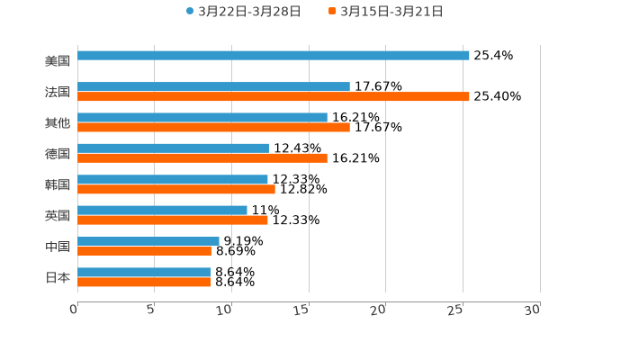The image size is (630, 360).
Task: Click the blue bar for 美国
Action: click(x=274, y=56)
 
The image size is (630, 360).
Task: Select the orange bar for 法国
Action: click(x=274, y=96)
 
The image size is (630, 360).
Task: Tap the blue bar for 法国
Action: click(x=213, y=86)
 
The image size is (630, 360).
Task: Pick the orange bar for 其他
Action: click(x=213, y=127)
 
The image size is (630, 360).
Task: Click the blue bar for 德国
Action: click(x=173, y=148)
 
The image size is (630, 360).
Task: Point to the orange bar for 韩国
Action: click(x=176, y=189)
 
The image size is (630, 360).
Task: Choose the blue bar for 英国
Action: click(x=162, y=210)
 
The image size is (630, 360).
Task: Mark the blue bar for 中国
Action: click(x=148, y=241)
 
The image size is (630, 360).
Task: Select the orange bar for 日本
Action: click(x=144, y=282)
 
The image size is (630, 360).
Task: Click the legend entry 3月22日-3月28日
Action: click(x=243, y=12)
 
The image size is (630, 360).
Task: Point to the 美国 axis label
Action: click(x=58, y=61)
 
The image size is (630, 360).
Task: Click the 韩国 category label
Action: click(x=58, y=184)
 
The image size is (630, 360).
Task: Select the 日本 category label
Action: click(x=58, y=277)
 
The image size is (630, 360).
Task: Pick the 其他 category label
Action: click(x=58, y=122)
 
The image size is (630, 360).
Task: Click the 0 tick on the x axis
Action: click(x=75, y=310)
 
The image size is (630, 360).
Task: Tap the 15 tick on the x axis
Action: click(x=304, y=310)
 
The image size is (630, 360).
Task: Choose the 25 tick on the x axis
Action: click(x=457, y=310)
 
